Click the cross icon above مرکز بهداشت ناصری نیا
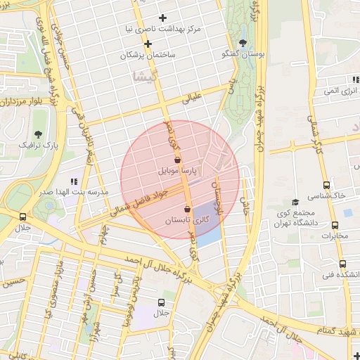[x=163, y=18]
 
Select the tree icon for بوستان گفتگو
[x=243, y=43]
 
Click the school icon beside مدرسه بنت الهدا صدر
[x=75, y=181]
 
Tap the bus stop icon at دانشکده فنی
[x=342, y=264]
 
